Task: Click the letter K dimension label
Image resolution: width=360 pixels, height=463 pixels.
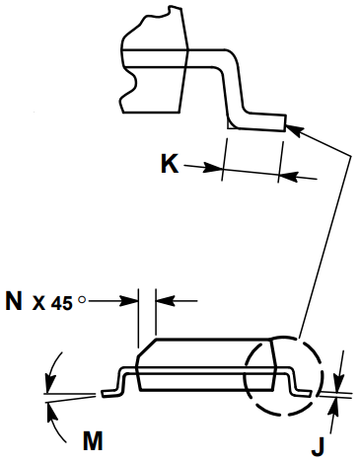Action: [169, 164]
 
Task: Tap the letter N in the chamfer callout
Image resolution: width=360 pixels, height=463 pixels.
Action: [14, 301]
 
